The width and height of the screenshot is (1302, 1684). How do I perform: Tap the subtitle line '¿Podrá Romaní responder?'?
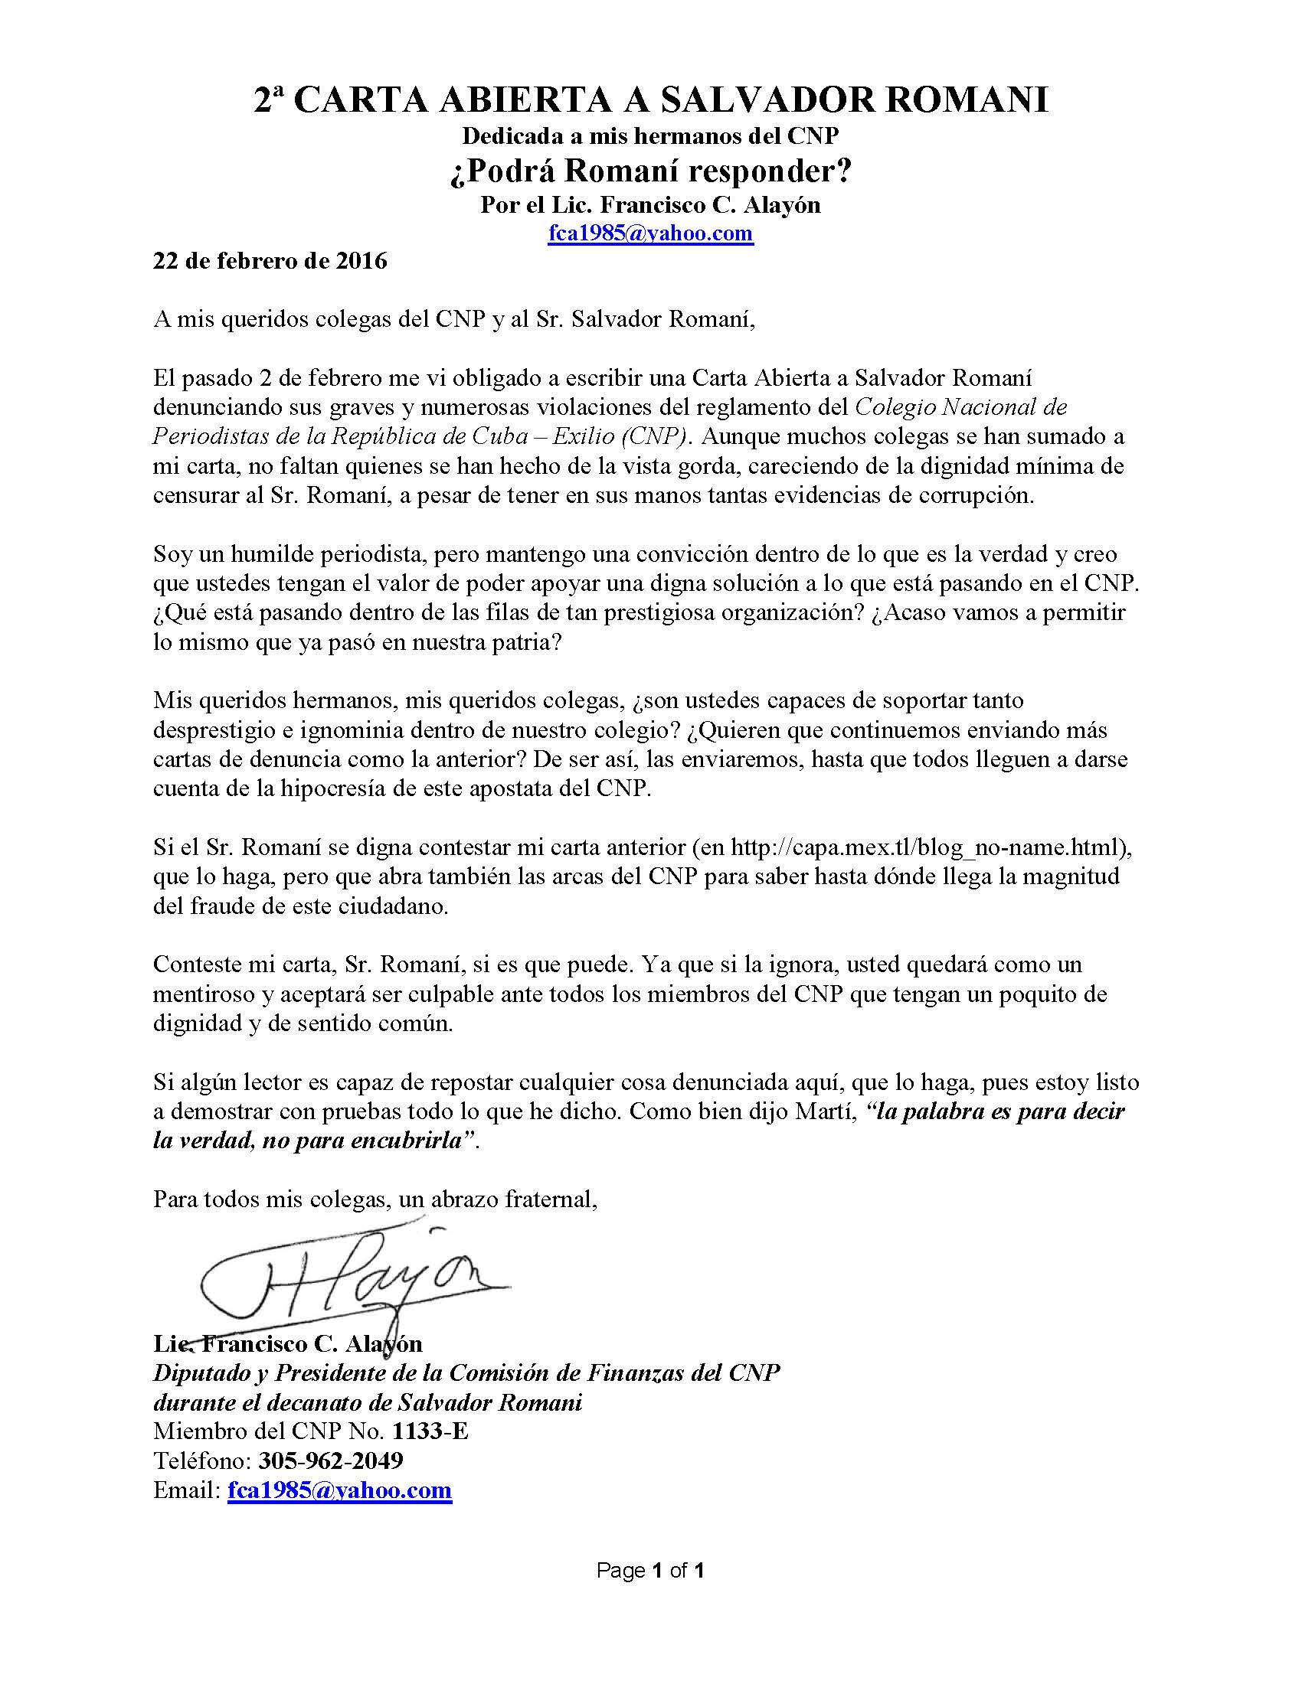[650, 171]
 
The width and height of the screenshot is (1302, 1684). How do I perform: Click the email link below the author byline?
[650, 233]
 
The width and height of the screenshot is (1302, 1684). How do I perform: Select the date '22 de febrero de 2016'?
[270, 261]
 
